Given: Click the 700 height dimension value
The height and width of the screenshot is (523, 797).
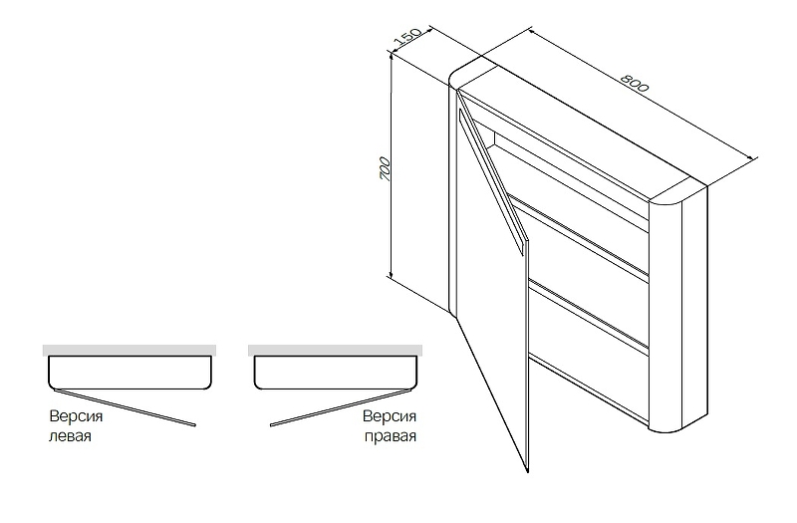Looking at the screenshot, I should tap(385, 166).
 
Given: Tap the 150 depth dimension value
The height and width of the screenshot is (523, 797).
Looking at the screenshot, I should tap(405, 39).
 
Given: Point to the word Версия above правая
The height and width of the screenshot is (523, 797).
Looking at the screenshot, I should tap(389, 416).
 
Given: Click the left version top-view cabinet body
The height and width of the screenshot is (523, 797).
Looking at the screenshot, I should tap(130, 374).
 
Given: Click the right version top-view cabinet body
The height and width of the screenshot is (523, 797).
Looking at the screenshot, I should tap(336, 374).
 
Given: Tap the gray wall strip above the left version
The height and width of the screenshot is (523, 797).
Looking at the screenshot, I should tap(130, 351).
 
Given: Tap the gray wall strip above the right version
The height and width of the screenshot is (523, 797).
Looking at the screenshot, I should tap(335, 351).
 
